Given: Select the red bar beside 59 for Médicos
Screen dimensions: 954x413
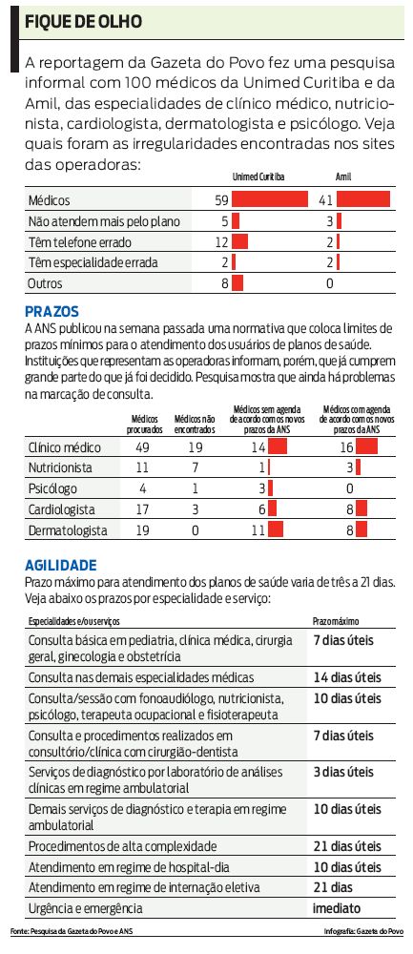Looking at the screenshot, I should pyautogui.click(x=270, y=199).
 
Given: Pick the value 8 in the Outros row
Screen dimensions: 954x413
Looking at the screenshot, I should pyautogui.click(x=225, y=283).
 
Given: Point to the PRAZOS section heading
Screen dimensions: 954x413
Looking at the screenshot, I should pyautogui.click(x=52, y=311).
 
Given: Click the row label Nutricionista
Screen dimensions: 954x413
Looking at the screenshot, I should pyautogui.click(x=61, y=467).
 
